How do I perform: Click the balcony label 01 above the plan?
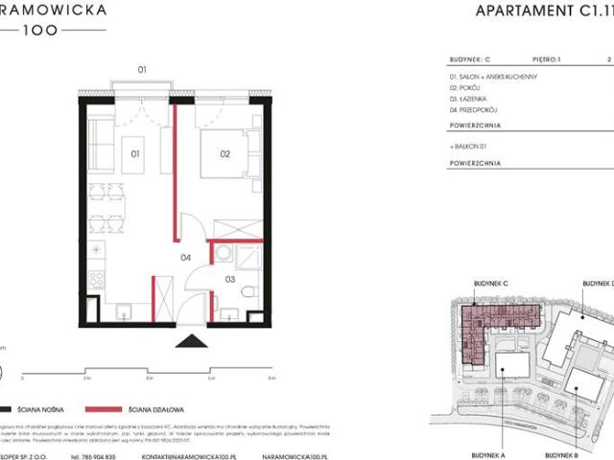[x=141, y=70]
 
